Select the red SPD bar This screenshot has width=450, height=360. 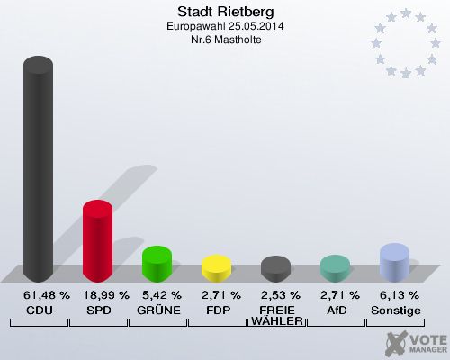(97, 240)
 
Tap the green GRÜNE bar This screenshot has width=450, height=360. (157, 264)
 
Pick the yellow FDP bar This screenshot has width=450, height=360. (216, 268)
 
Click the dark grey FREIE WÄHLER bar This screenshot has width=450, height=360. (275, 269)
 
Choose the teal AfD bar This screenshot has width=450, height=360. (335, 268)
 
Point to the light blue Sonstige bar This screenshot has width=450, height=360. (394, 263)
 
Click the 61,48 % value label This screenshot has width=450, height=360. (38, 295)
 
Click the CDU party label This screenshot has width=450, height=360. (38, 310)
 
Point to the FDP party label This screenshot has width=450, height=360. (216, 310)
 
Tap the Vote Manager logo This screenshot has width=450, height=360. (415, 342)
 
